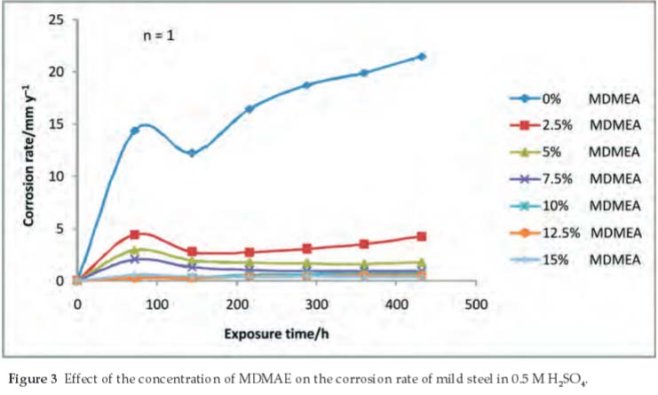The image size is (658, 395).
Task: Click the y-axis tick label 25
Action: point(56,19)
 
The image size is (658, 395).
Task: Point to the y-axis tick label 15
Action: point(56,123)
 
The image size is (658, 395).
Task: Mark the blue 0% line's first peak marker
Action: point(135,130)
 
